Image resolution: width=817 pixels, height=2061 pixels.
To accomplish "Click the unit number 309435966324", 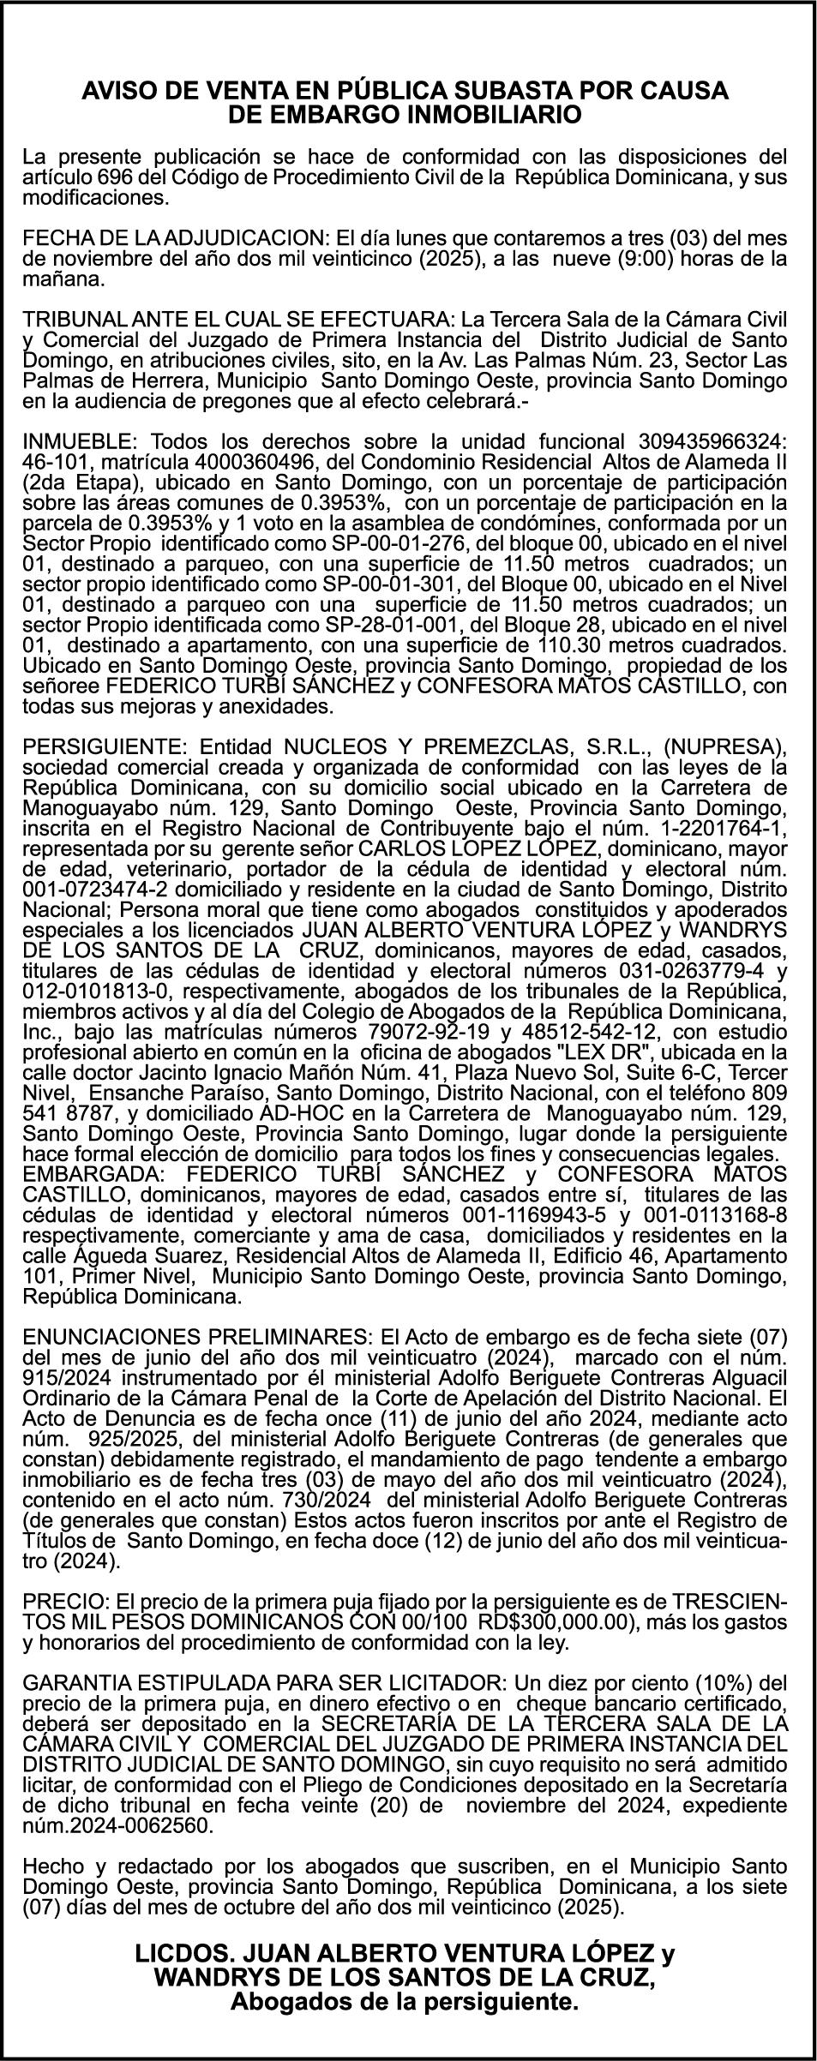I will coord(712,441).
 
